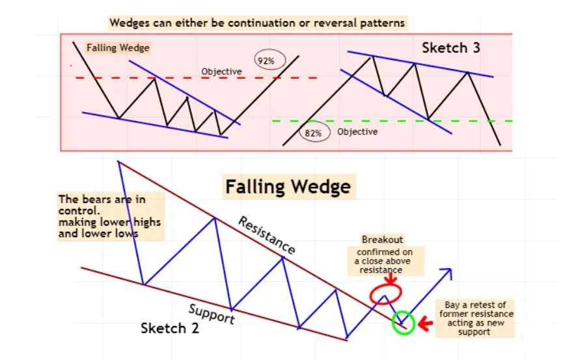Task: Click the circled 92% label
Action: tap(266, 61)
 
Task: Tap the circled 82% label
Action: tap(314, 133)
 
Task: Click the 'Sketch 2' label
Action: tap(170, 328)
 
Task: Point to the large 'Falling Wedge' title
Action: tap(288, 187)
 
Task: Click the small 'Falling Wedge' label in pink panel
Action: tap(118, 48)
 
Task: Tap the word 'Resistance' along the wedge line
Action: tap(267, 235)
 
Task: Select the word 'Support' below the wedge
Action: tap(212, 313)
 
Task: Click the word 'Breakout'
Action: tap(383, 240)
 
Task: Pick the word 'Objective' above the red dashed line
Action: tap(221, 71)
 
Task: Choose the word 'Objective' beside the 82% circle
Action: tap(357, 132)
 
